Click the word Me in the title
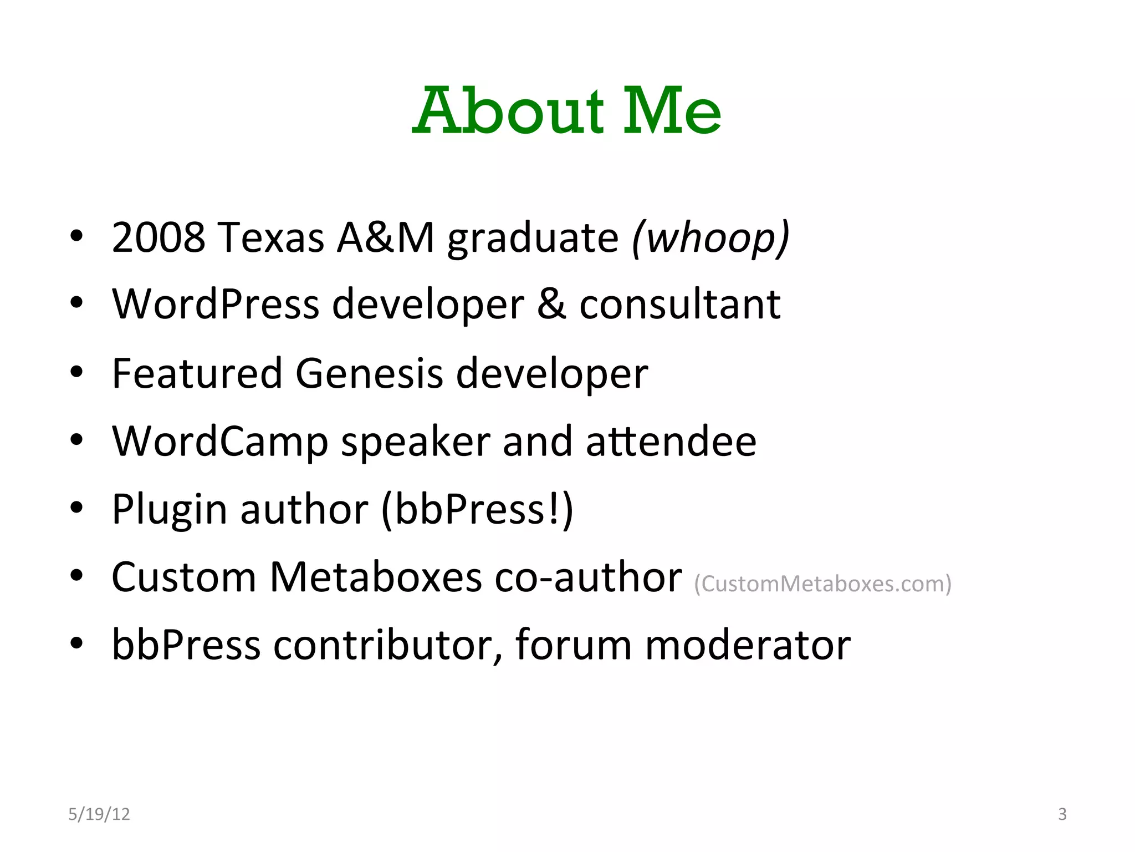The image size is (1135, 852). point(672,111)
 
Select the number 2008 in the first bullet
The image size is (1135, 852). point(159,237)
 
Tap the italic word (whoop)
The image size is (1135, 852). point(710,237)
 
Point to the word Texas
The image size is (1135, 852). point(270,237)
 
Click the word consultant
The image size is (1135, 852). point(679,305)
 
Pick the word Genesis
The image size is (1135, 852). point(369,373)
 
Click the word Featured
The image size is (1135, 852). point(197,373)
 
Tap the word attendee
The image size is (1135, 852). point(671,442)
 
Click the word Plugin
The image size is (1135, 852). point(170,509)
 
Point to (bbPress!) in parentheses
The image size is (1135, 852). point(477,509)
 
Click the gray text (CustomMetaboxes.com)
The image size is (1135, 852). point(822,584)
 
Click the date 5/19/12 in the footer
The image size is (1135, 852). point(99,814)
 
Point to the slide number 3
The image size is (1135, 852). point(1062,814)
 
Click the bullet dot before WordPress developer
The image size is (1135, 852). point(76,304)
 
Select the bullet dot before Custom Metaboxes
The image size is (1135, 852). point(76,576)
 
